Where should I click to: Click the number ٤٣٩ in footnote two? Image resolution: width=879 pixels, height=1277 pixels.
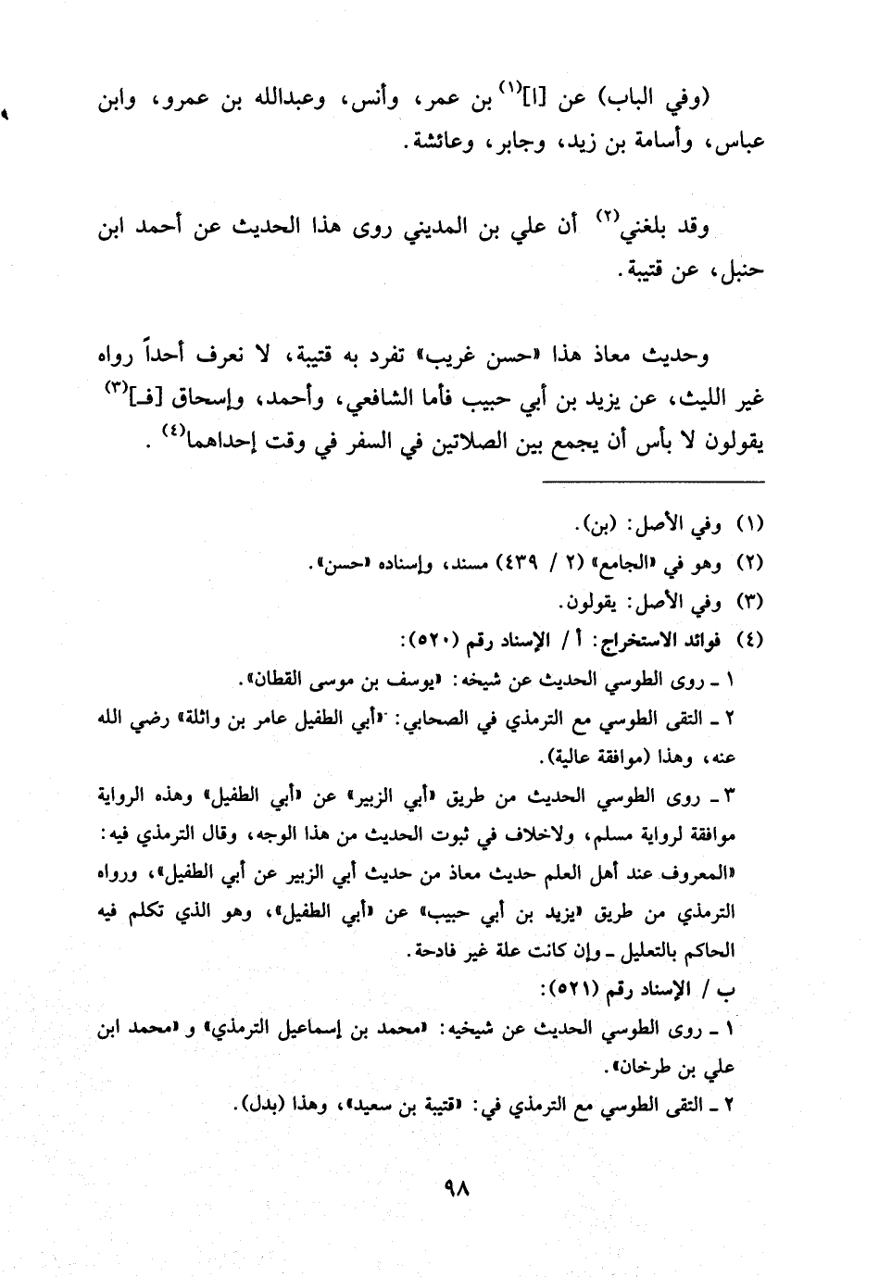coord(526,563)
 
